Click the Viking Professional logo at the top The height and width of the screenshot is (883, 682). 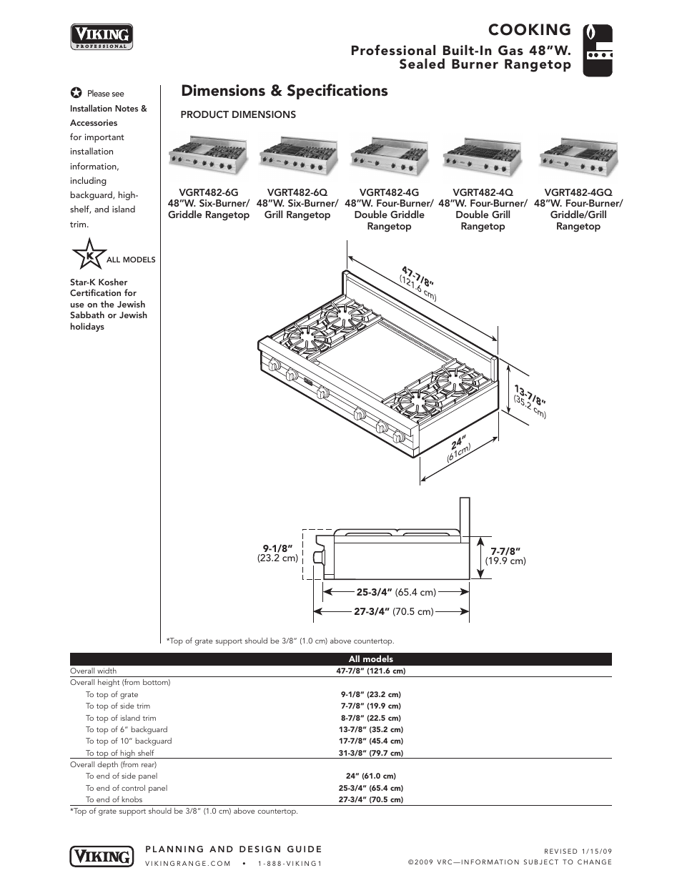102,36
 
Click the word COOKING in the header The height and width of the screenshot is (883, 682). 529,29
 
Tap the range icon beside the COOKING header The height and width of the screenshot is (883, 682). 598,50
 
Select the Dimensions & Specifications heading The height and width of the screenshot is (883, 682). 285,91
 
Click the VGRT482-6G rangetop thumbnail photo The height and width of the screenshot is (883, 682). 208,154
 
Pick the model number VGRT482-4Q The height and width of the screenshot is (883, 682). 483,192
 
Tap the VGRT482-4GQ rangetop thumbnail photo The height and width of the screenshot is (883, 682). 578,154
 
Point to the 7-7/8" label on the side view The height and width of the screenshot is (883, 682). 505,551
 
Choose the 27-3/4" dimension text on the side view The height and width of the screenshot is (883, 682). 372,611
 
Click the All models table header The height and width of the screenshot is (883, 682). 370,659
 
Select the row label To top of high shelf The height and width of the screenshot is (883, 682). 119,753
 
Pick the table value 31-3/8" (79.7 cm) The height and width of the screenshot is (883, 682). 370,753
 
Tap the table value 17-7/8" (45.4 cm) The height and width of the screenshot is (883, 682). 370,741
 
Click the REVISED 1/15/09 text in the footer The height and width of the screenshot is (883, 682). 578,851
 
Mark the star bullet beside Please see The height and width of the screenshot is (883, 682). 76,94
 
